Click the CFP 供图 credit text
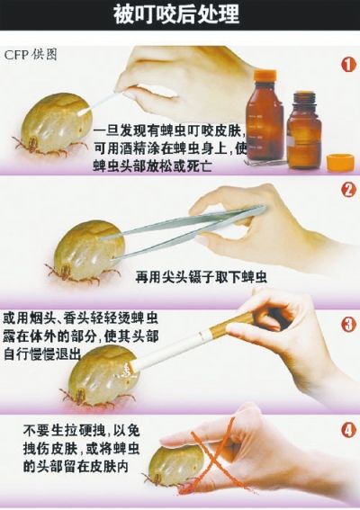[34, 52]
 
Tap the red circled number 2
[347, 191]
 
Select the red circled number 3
[347, 323]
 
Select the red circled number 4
[347, 429]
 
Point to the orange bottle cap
[340, 163]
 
